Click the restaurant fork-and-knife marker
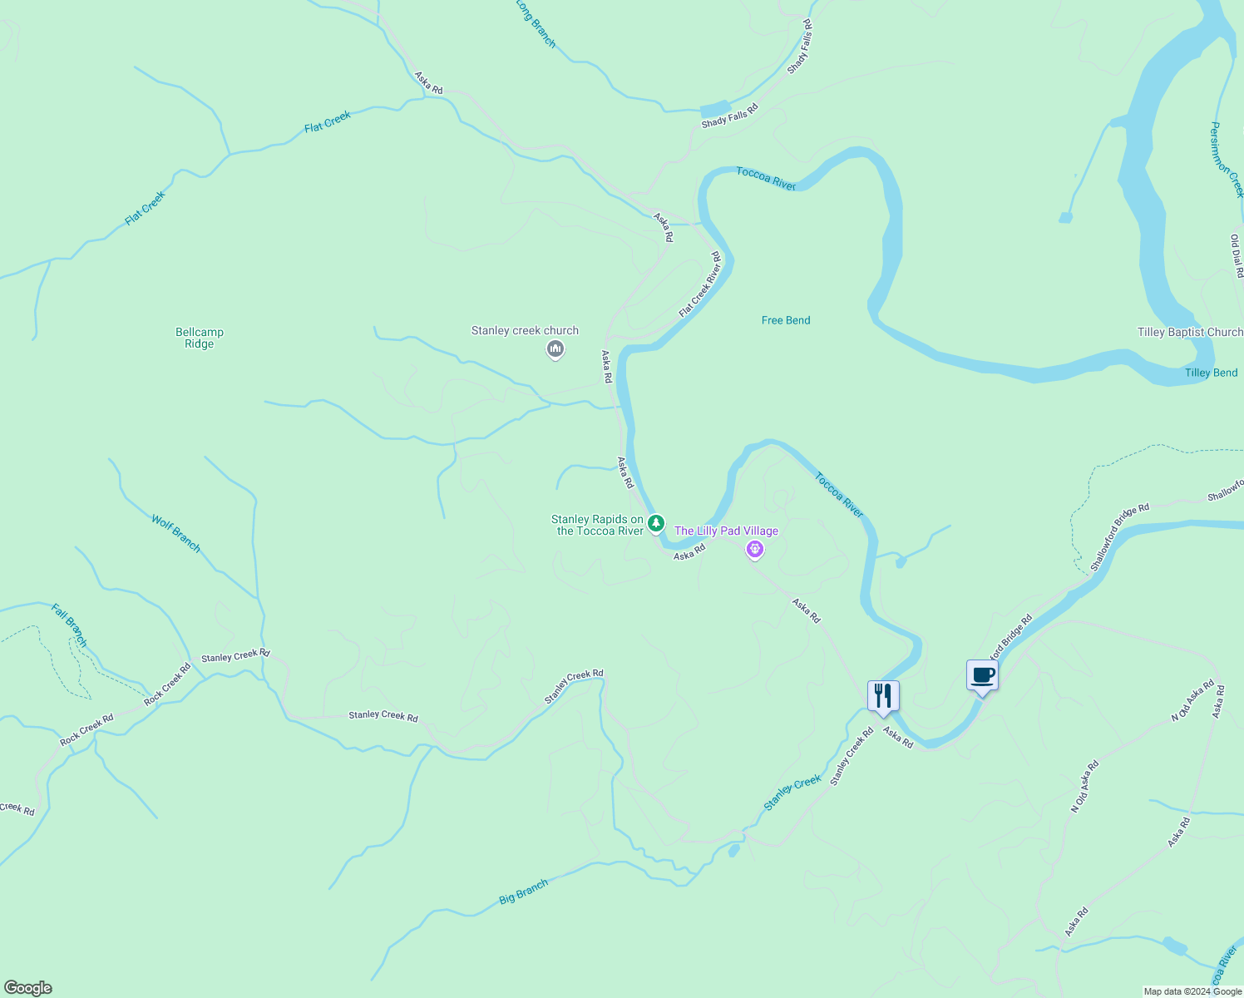coord(883,696)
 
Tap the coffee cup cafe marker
coord(982,674)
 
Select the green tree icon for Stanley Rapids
coord(656,523)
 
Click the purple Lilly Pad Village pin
coord(754,549)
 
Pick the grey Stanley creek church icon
coord(555,349)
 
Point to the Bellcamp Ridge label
coord(200,338)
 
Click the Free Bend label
coord(786,320)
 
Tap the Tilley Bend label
coord(1211,373)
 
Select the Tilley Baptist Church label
coord(1190,333)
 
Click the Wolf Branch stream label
coord(176,533)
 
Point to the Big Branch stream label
coord(524,892)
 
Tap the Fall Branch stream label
coord(69,625)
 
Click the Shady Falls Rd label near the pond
coord(729,116)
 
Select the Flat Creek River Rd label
coord(700,284)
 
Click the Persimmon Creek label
coord(1227,160)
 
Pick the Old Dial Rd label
coord(1237,256)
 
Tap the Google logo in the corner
coord(28,988)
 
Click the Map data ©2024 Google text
coord(1192,991)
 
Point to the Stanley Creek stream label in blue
coord(792,793)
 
